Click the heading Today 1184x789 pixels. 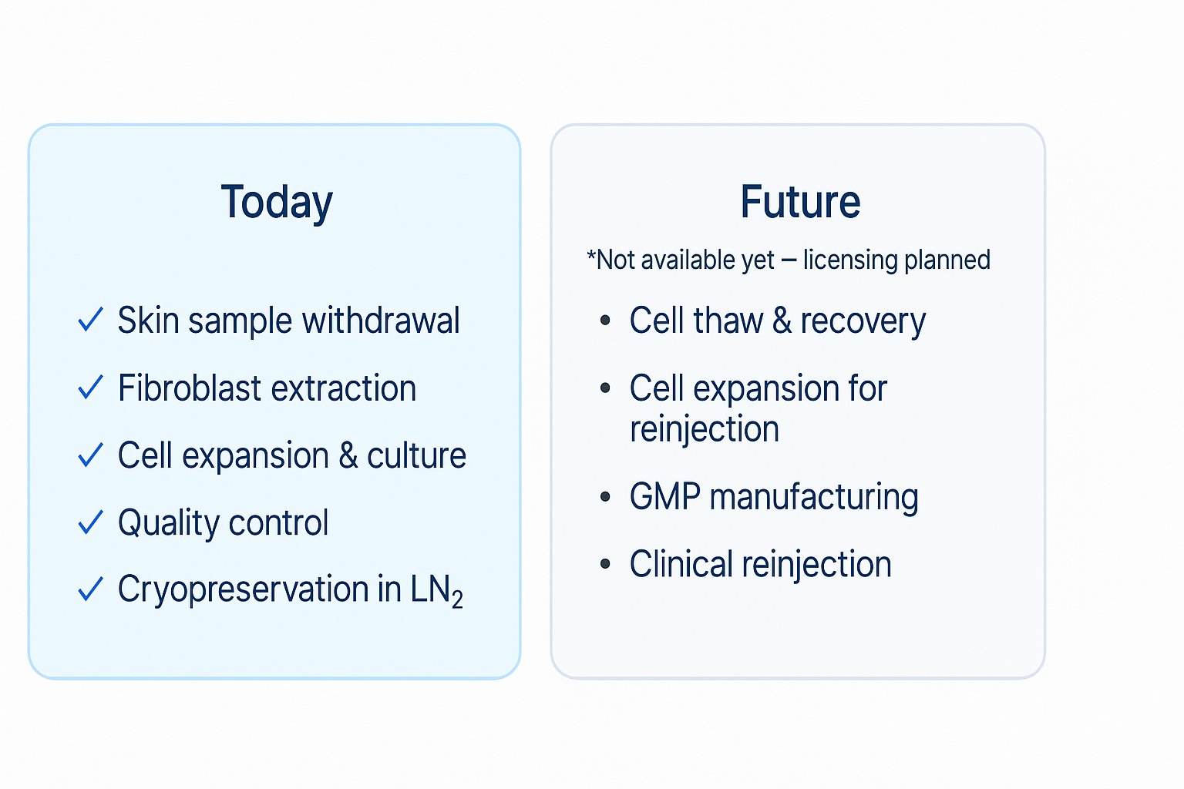(x=277, y=203)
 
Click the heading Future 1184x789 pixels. (x=800, y=201)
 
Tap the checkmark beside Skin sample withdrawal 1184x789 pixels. (x=90, y=320)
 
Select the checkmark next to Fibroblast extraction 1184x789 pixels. (x=90, y=387)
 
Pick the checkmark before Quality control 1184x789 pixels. (x=90, y=522)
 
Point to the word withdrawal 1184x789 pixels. (x=381, y=321)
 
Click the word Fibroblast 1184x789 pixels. (x=190, y=388)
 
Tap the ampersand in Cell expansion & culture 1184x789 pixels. (x=348, y=455)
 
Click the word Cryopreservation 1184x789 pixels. (x=243, y=589)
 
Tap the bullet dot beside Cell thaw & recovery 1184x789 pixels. (x=605, y=320)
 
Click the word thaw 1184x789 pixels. (x=728, y=321)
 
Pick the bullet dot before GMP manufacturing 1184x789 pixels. (x=605, y=496)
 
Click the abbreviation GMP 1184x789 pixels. (x=665, y=497)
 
